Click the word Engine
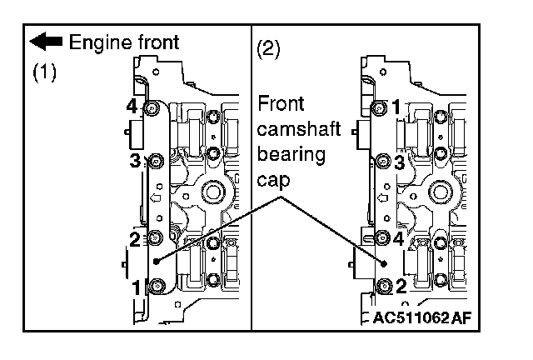tap(95, 41)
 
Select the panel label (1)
tap(44, 72)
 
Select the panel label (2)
tap(269, 47)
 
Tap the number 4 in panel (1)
tap(131, 106)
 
